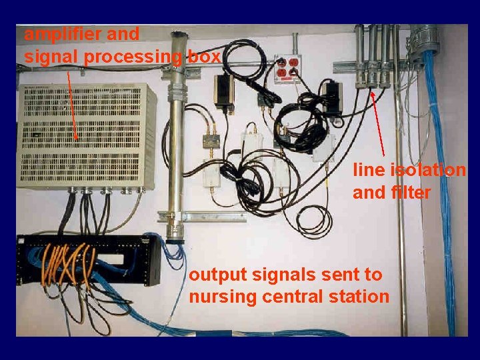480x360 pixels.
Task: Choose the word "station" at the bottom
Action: pyautogui.click(x=356, y=297)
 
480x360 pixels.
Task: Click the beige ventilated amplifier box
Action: pyautogui.click(x=87, y=136)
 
